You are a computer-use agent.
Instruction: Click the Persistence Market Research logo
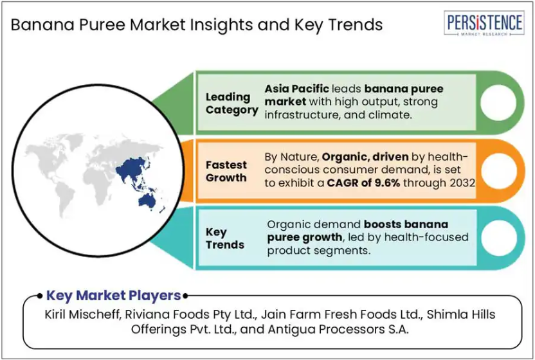point(484,23)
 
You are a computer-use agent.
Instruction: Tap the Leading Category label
point(231,104)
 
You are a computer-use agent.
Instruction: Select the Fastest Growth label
point(226,171)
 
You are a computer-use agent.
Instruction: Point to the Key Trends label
point(225,239)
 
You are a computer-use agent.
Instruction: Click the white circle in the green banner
point(498,103)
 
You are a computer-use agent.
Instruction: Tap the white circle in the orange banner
point(499,170)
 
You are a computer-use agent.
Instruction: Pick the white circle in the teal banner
point(499,238)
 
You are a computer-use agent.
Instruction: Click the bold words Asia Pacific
point(297,89)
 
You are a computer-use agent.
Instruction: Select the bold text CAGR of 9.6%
point(363,183)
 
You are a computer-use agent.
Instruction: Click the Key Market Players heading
point(113,296)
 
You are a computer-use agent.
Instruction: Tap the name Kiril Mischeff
point(81,314)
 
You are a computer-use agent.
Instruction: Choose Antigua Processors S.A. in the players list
point(338,329)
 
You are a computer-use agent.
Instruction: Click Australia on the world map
point(147,201)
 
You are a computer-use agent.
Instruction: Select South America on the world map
point(65,197)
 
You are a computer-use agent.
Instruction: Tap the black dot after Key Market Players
point(185,296)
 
